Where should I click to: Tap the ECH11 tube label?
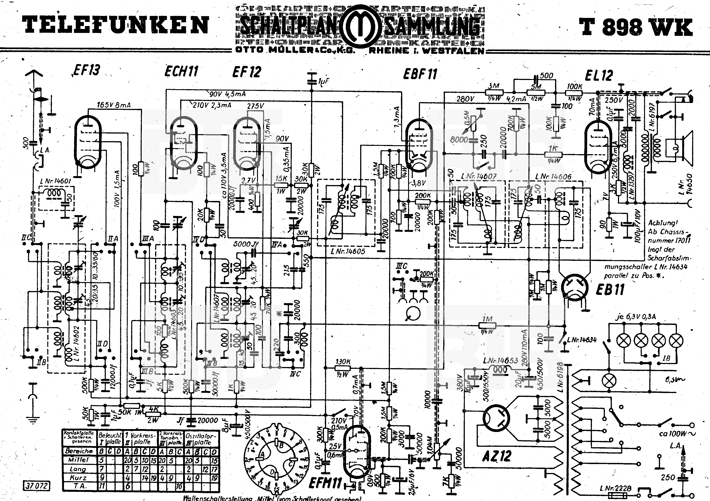[x=181, y=71]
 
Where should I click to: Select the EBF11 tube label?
[x=420, y=74]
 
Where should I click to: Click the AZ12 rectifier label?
[x=497, y=456]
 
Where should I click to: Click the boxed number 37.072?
[x=36, y=486]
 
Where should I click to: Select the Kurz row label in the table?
[x=78, y=477]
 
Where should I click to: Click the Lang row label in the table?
[x=78, y=469]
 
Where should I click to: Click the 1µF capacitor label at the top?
[x=323, y=81]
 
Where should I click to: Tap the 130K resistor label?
[x=343, y=361]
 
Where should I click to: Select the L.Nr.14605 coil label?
[x=348, y=251]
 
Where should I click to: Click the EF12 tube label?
[x=247, y=72]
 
